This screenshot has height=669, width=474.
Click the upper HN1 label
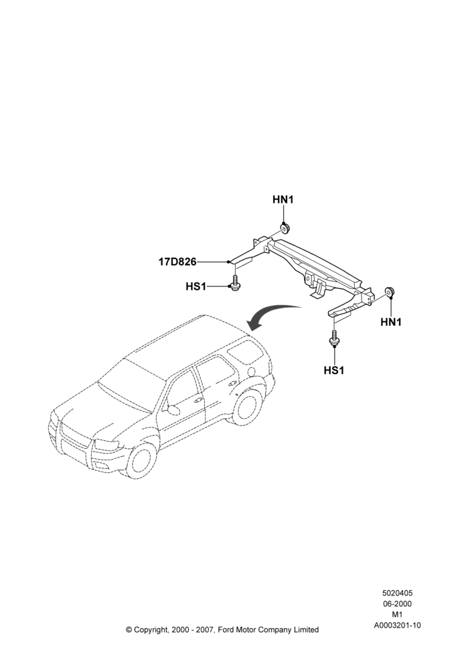coord(283,199)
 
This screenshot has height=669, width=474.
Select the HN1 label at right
coord(391,322)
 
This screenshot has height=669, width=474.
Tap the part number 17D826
coord(177,262)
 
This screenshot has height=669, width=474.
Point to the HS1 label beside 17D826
coord(195,286)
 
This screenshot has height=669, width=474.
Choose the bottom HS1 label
coord(334,371)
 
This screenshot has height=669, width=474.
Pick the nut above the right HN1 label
coord(390,292)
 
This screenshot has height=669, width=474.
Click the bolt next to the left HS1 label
coord(234,284)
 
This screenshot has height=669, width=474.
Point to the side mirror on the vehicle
coord(173,409)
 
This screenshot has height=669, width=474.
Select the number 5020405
coord(397,593)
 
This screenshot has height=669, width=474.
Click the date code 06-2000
coord(397,603)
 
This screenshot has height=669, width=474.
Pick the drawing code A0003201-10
coord(397,626)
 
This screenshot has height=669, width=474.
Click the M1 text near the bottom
coord(397,615)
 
